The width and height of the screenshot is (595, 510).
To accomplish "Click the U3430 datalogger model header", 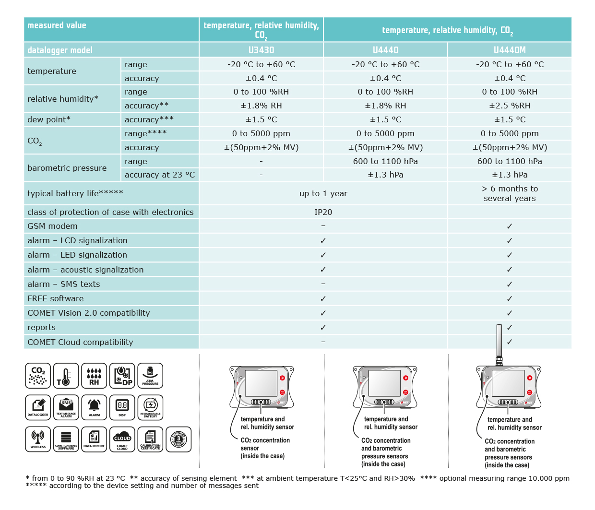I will [x=261, y=50].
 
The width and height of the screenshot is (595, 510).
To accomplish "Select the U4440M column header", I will [x=510, y=50].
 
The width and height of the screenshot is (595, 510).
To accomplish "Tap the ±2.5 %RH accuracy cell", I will [x=510, y=106].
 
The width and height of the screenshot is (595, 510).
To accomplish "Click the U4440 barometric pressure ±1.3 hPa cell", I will [x=385, y=175].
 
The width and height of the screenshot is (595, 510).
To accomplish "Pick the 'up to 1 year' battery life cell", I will [x=323, y=193].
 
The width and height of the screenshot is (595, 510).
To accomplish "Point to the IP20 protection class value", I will [x=323, y=212].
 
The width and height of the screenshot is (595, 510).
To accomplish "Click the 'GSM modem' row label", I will [x=52, y=226].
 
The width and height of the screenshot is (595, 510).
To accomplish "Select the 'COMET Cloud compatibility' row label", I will [x=80, y=342].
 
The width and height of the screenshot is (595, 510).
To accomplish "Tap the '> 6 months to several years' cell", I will [x=510, y=193].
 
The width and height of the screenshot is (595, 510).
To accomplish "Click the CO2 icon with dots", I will [x=38, y=376].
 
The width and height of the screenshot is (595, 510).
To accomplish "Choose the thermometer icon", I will [x=66, y=376].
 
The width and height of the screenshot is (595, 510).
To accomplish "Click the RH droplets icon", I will [x=94, y=376].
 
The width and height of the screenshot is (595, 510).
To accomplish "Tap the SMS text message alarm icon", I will [x=66, y=407].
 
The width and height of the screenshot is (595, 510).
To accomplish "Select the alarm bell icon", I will [x=94, y=407].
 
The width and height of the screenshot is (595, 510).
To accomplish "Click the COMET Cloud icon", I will [x=122, y=439].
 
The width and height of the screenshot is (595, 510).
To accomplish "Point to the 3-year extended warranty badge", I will [x=178, y=439].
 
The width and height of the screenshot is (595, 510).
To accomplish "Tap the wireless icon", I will [x=38, y=439].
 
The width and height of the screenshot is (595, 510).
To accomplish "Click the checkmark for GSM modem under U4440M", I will [x=510, y=226].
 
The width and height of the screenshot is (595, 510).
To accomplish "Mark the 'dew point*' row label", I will [x=49, y=119].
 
